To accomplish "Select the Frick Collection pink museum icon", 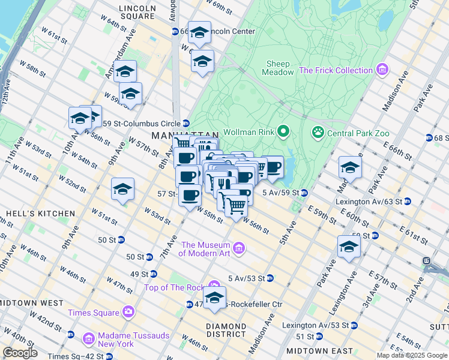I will click(382, 70).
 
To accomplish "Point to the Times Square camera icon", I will click(127, 312).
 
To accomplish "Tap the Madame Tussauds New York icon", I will click(89, 340).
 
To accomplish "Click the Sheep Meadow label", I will click(278, 68).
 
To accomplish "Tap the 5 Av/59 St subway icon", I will click(304, 193).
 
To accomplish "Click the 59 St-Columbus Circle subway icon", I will click(187, 123).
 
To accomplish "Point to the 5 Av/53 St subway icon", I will click(270, 278).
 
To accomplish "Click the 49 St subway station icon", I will click(153, 274).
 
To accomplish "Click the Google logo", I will click(20, 352).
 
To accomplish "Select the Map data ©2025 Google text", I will click(411, 355).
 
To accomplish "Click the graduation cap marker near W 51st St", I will click(122, 190).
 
